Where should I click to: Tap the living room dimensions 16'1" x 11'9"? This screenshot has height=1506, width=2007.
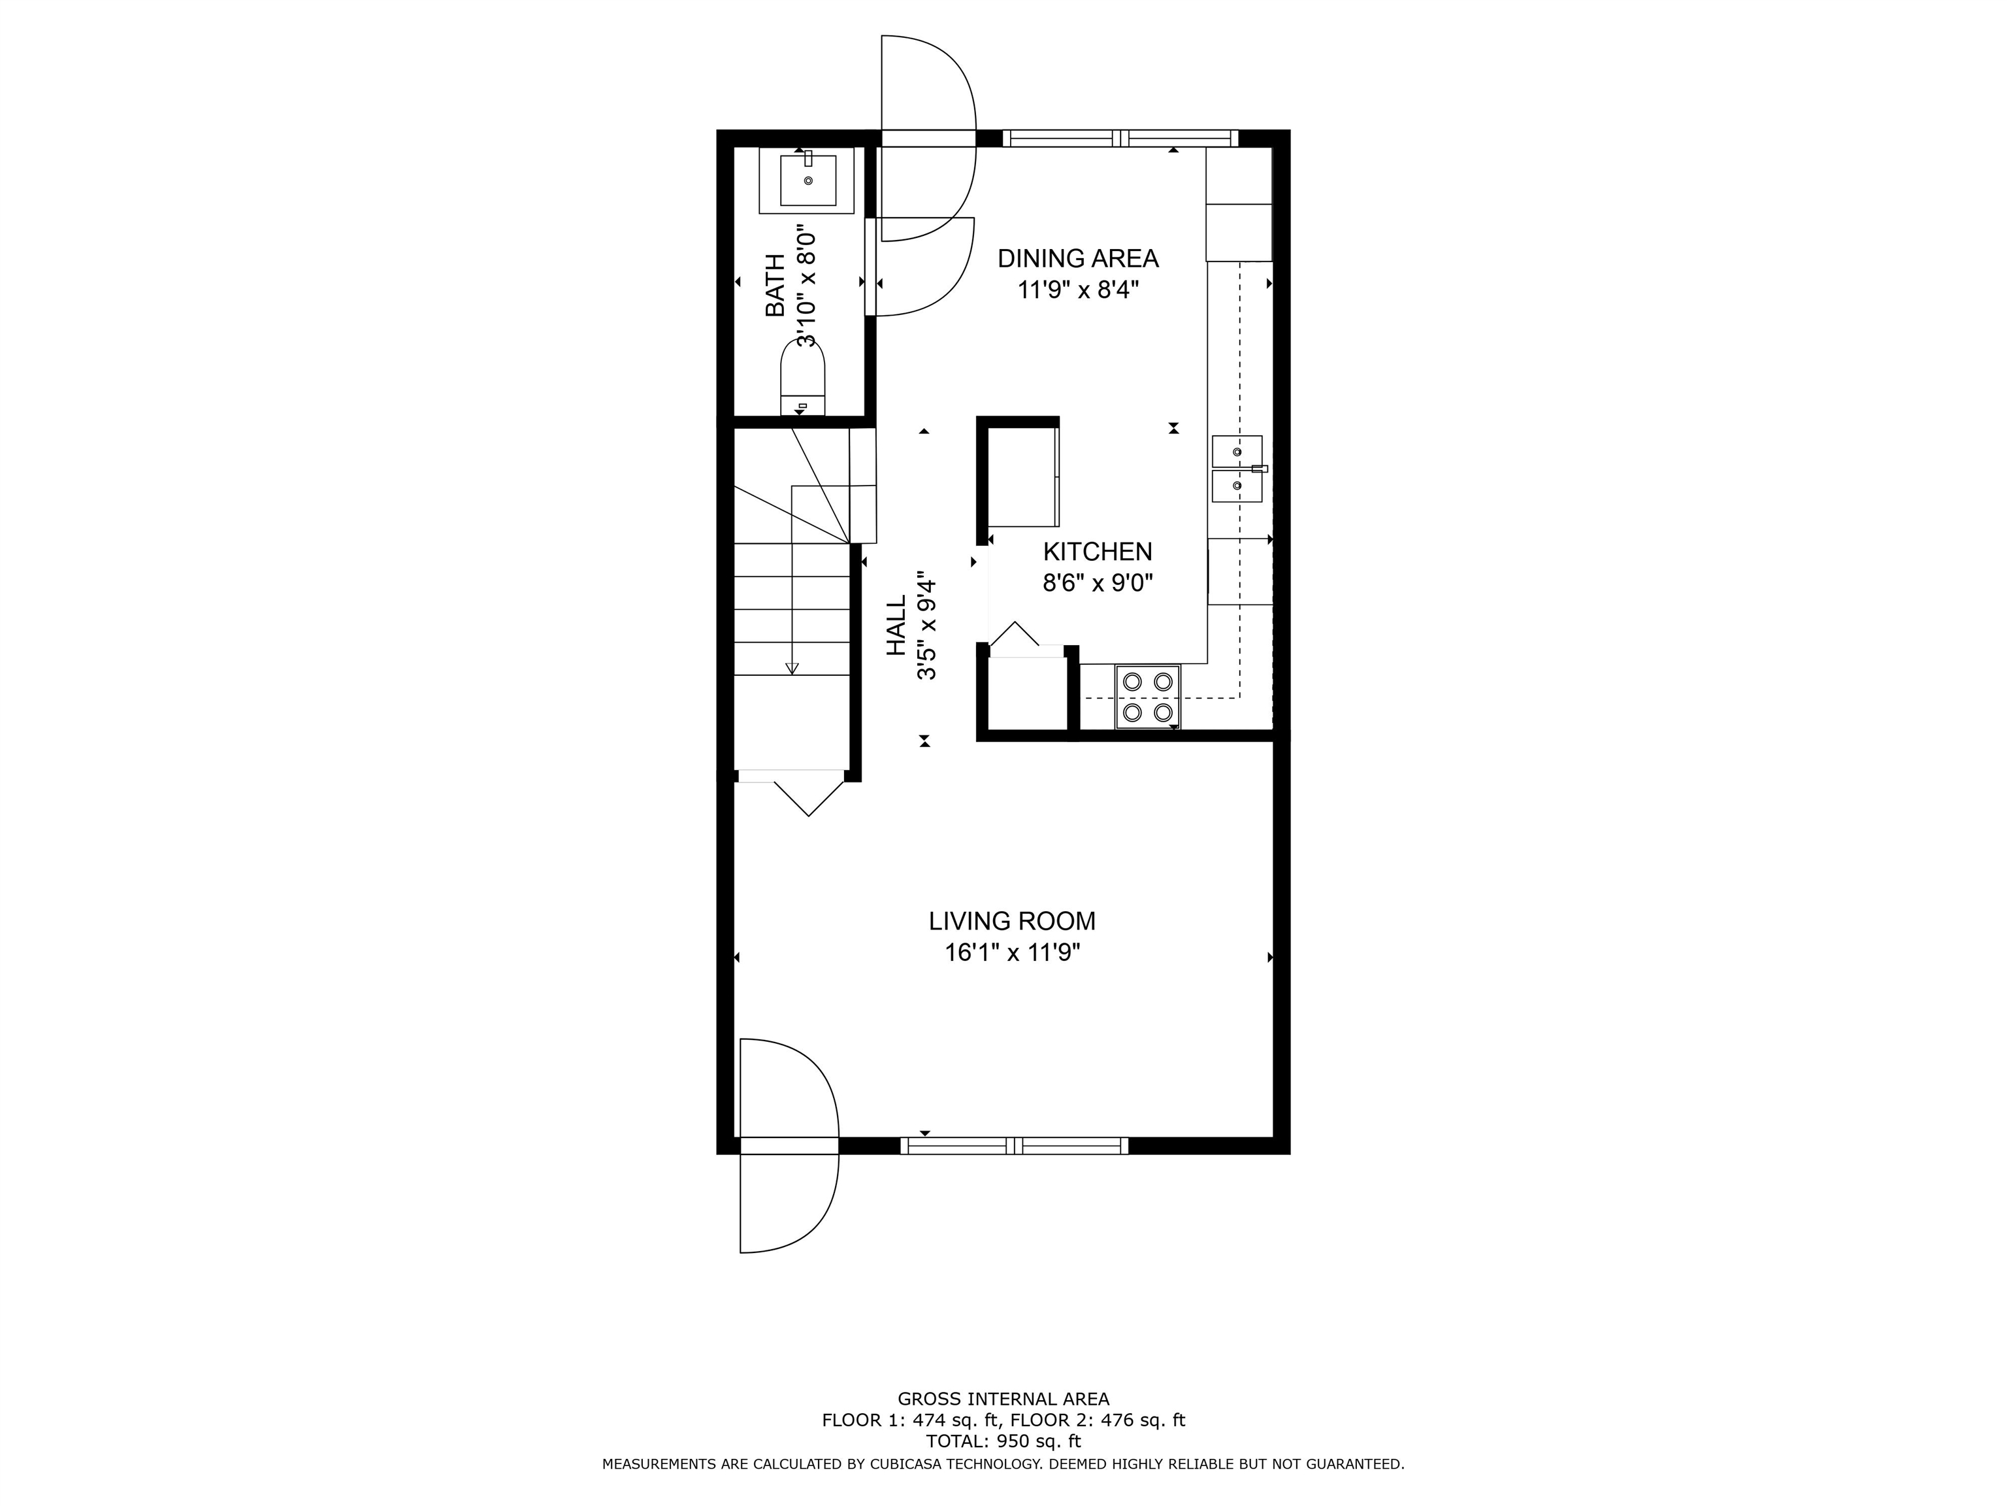1011,952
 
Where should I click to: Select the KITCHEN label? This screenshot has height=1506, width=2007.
1097,551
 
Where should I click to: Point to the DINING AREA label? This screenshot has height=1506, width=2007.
1078,259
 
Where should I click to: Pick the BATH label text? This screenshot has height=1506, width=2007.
775,285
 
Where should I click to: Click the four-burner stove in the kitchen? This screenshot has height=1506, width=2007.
1147,696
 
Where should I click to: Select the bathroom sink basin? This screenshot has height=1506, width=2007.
808,180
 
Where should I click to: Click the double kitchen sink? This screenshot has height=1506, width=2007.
1237,469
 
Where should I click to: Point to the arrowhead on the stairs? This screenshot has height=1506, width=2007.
792,668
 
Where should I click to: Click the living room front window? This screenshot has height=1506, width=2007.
1015,1146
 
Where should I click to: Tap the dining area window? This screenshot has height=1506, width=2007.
1120,139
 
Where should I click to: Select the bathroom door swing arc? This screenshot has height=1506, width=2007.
921,268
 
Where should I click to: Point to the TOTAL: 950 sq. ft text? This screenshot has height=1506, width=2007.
1003,1441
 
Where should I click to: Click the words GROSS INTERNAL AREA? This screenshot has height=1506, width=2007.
1003,1399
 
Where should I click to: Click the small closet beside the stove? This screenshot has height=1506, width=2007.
1027,694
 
